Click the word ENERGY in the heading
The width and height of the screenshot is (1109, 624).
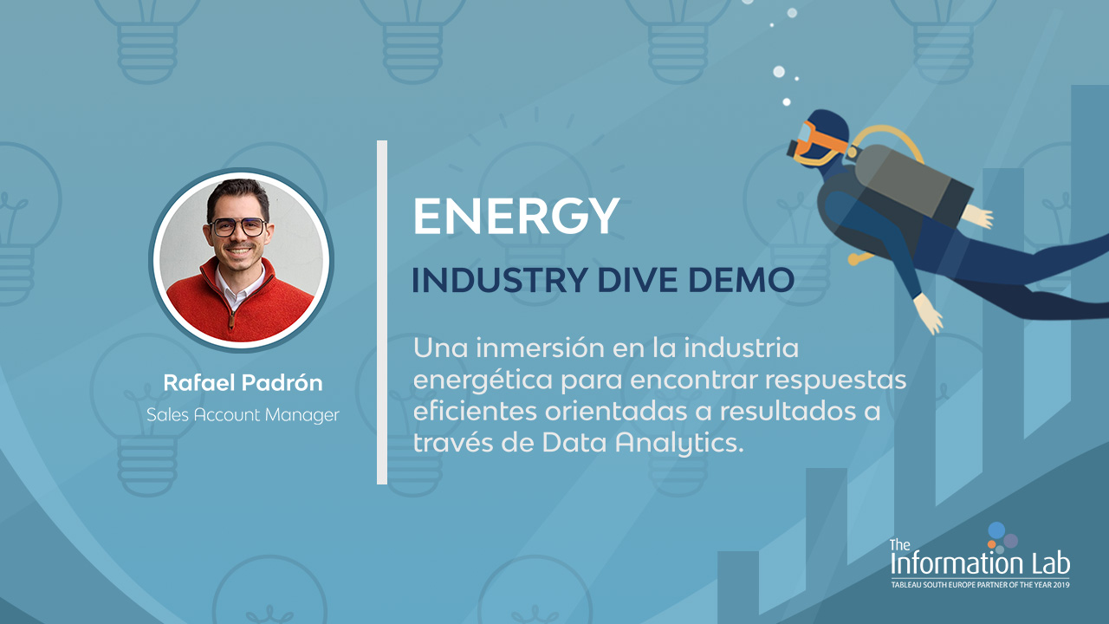coord(516,216)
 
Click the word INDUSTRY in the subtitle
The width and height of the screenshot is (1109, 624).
coord(500,280)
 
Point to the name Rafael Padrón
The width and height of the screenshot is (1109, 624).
coord(243,383)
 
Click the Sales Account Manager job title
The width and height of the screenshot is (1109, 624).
coord(243,415)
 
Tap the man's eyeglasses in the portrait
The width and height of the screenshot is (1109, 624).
coord(238,227)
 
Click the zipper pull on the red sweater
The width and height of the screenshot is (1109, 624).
coord(231,321)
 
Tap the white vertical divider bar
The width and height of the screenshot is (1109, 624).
coord(382,312)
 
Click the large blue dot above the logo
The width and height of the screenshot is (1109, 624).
coord(996,530)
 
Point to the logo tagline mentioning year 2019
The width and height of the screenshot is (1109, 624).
coord(980,585)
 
